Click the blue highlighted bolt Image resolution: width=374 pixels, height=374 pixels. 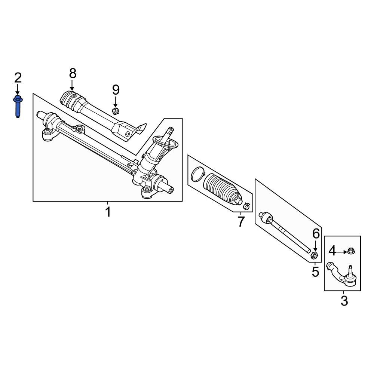coord(18,106)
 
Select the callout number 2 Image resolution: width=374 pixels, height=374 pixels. coord(18,78)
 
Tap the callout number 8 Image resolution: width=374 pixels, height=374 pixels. coord(72,73)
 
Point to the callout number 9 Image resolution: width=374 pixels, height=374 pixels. coord(116,90)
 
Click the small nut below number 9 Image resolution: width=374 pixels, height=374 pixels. coord(116,110)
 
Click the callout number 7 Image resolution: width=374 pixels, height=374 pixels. coord(240,222)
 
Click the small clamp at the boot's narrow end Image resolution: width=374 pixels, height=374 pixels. coord(246,206)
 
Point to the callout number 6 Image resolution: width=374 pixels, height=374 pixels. coord(316,234)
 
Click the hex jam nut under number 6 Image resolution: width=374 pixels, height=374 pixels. coord(315,255)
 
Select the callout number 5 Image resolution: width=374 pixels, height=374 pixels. coord(315,272)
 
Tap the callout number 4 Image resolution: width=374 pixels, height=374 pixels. coord(332,251)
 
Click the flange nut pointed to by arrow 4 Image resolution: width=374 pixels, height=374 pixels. coord(351,251)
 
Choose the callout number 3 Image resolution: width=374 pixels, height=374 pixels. coord(344,301)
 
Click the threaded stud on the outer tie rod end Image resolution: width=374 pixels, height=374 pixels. coord(351,270)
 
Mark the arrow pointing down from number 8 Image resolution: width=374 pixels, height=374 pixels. coord(72,85)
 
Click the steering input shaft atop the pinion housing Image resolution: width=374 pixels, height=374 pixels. coord(170,131)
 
